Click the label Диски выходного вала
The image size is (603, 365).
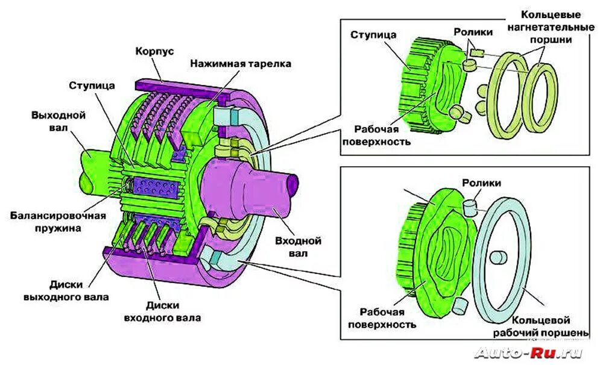coord(66,290)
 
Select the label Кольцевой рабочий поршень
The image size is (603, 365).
coord(540,326)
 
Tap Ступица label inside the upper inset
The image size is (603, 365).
coord(373,35)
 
